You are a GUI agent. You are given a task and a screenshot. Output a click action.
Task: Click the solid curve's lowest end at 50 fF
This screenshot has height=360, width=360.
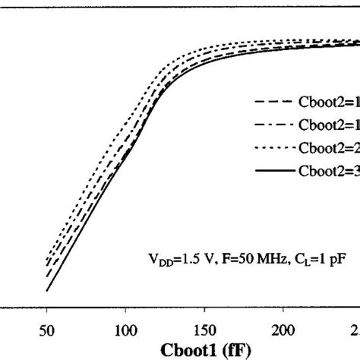tap(47, 290)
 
